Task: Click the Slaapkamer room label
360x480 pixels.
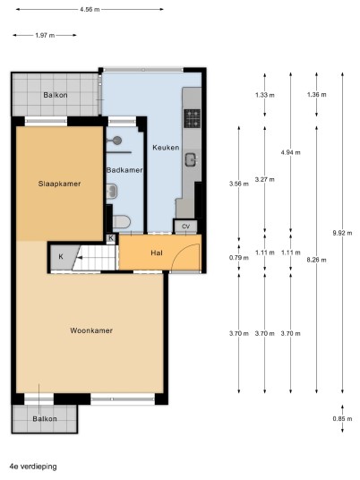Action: [x=59, y=184]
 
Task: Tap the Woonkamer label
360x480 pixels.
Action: [x=91, y=330]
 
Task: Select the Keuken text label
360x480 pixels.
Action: [x=166, y=148]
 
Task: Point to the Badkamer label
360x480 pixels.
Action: [x=124, y=170]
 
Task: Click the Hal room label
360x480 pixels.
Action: [x=157, y=253]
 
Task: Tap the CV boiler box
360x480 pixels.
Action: [x=185, y=227]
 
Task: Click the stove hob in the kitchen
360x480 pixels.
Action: [x=193, y=118]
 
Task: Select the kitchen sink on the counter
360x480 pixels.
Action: [x=192, y=159]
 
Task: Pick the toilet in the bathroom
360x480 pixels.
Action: [x=122, y=221]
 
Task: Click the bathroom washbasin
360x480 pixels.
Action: [x=112, y=192]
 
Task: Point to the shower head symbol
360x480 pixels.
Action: [x=116, y=141]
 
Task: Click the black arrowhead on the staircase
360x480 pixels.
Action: [x=79, y=258]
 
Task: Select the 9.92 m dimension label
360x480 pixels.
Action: [x=342, y=233]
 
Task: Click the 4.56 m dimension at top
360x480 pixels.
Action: [x=90, y=9]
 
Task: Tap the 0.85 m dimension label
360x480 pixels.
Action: [x=342, y=419]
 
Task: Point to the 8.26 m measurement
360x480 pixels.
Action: [x=316, y=260]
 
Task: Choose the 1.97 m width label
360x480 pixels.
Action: [x=45, y=35]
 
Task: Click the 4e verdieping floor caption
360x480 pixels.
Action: [x=33, y=467]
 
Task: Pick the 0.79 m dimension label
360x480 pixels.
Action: [x=239, y=258]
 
